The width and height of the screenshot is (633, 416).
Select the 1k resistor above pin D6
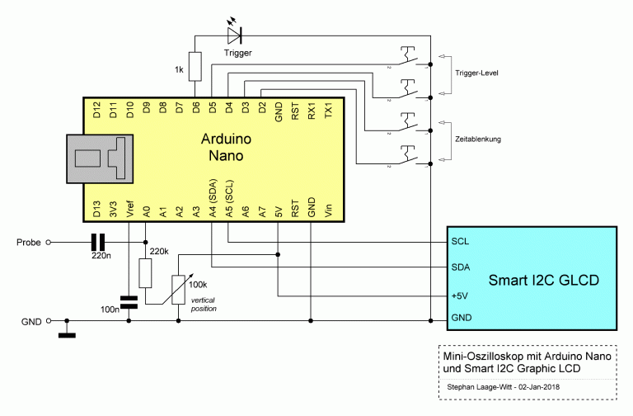[195, 65]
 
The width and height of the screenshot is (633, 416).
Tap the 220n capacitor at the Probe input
[98, 242]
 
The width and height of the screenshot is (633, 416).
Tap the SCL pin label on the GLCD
[460, 243]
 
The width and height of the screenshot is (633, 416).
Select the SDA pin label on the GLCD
[461, 267]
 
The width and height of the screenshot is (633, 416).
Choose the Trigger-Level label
[476, 74]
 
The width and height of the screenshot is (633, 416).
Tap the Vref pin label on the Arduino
[129, 209]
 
